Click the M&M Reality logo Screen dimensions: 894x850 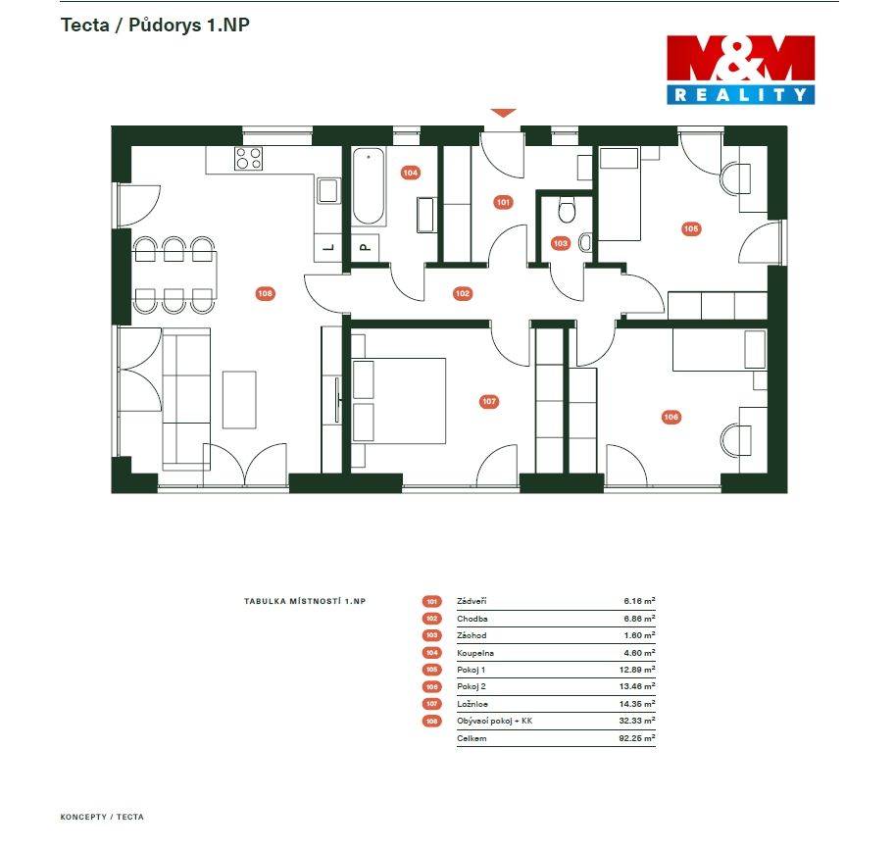[741, 70]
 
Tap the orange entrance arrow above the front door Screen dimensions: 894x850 [503, 113]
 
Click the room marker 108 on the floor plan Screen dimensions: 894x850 [265, 293]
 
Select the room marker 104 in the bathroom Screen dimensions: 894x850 [411, 173]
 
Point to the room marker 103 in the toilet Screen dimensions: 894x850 [561, 243]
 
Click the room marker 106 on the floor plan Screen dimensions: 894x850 [671, 417]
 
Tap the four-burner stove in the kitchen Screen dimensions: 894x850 [249, 158]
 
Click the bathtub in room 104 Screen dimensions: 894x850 [369, 186]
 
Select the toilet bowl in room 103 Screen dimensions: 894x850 [567, 210]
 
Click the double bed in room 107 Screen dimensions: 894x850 [399, 401]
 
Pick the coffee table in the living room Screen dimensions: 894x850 [239, 400]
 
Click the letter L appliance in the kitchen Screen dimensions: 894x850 [327, 248]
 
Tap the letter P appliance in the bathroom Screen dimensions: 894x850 [365, 248]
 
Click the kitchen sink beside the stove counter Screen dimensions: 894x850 [329, 191]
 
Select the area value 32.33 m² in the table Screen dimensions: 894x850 [637, 721]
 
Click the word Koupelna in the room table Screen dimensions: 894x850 [475, 653]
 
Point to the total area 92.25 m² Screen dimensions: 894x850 [637, 737]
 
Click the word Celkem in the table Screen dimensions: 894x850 [472, 738]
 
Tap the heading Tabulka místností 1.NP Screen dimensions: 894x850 [305, 601]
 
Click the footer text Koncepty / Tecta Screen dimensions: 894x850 [102, 817]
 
